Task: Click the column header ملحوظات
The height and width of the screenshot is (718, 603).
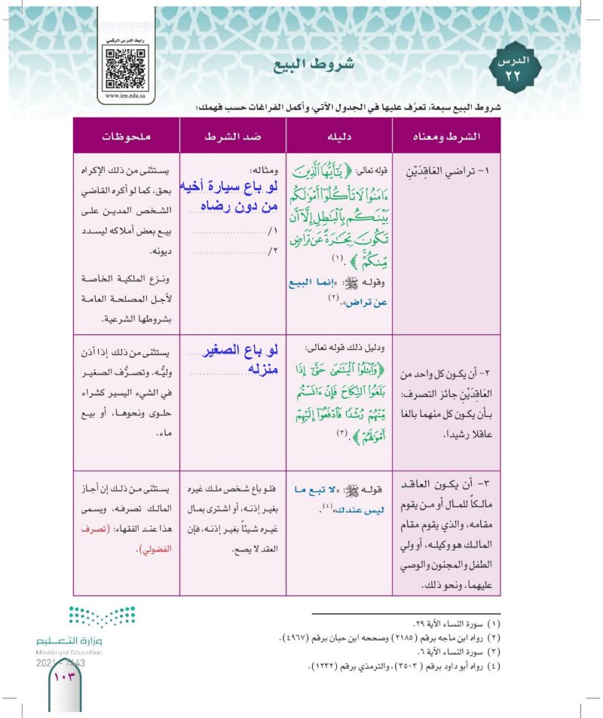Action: pos(126,138)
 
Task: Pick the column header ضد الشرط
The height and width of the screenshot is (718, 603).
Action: pos(233,138)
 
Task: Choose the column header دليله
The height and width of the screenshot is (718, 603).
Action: pos(339,138)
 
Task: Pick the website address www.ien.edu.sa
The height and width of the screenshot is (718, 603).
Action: pos(126,97)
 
